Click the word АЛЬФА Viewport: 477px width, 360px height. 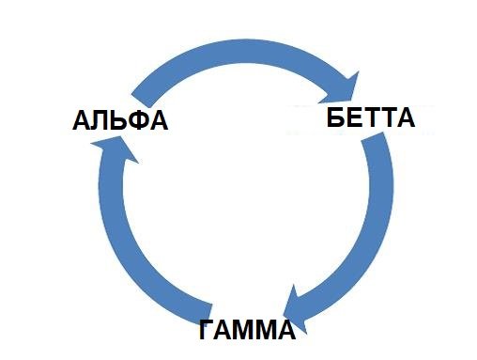coord(119,121)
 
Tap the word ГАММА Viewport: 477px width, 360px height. coord(247,330)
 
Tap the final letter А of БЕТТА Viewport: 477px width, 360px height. coord(405,118)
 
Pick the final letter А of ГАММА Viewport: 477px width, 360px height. coord(285,330)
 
